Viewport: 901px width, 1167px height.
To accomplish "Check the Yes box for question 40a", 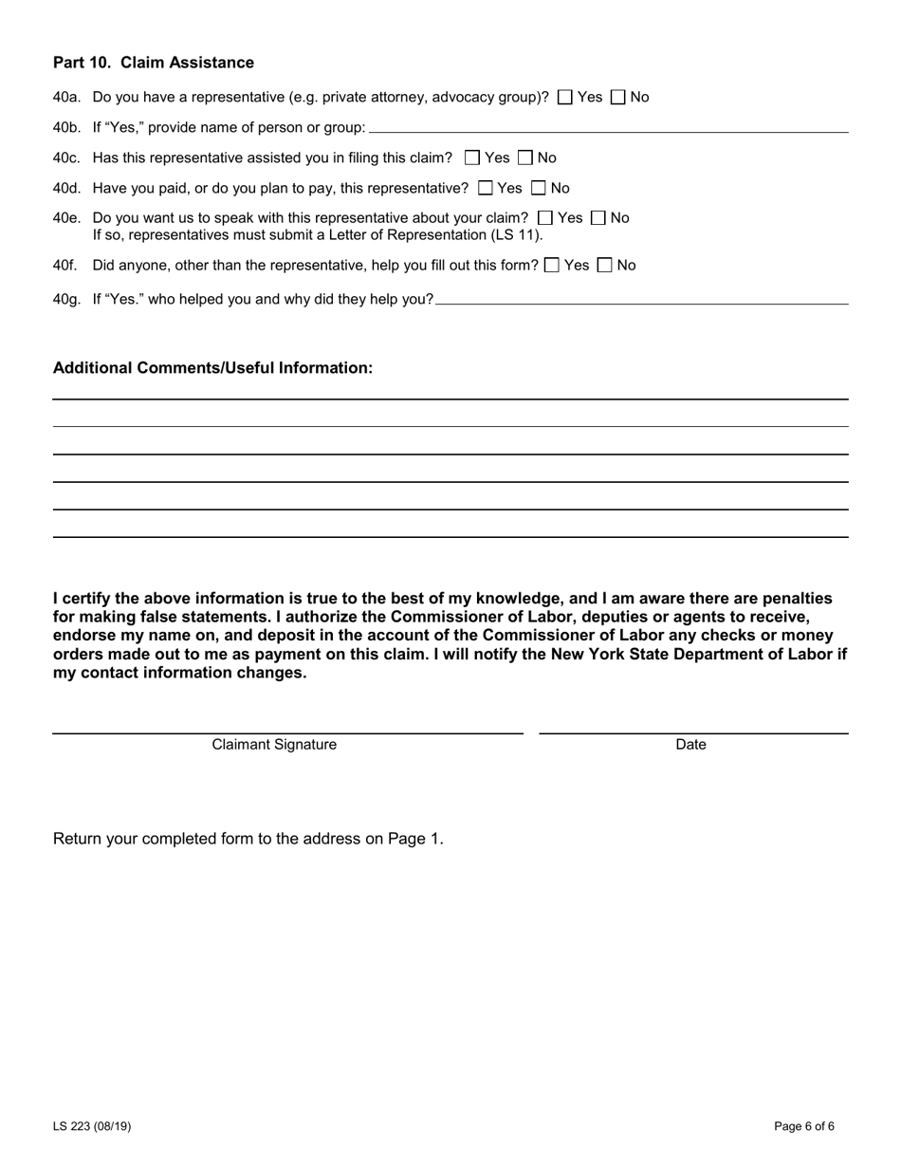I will coord(565,97).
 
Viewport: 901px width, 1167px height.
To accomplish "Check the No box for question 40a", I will coord(618,97).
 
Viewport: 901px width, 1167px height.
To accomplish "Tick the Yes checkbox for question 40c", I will coord(472,157).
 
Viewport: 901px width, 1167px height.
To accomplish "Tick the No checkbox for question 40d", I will coord(539,188).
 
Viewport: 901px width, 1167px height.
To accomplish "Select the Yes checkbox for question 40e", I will coord(544,218).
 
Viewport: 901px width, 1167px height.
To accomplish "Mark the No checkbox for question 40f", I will coord(605,266).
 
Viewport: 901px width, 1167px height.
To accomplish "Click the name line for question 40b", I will coord(607,129).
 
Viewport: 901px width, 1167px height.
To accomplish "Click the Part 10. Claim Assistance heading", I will coord(154,63).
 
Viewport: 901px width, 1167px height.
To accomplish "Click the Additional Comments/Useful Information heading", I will coord(212,368).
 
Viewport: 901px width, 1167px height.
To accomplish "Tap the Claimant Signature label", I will coord(274,745).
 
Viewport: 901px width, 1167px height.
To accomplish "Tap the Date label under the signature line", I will coord(690,745).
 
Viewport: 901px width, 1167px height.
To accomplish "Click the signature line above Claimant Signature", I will coord(287,731).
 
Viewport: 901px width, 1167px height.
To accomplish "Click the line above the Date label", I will coord(693,731).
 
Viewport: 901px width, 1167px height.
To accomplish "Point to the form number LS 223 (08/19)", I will coord(92,1127).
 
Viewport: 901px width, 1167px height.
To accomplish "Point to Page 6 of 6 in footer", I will coord(804,1127).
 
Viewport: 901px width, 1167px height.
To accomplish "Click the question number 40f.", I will coord(64,266).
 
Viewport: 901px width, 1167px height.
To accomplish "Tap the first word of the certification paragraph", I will coord(57,599).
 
